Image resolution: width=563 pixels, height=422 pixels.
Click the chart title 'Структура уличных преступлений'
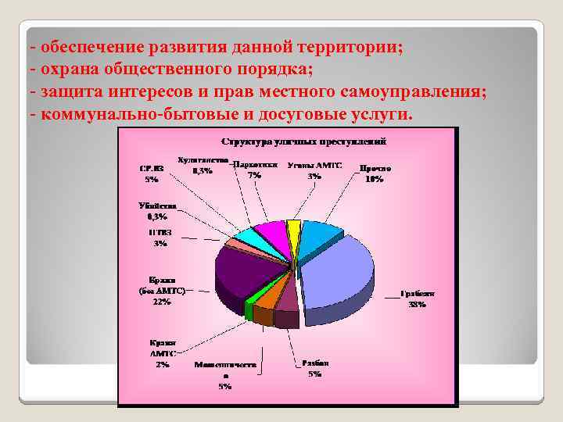(306, 143)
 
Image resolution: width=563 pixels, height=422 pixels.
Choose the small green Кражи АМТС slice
(249, 310)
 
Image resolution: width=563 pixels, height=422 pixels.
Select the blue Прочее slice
(317, 234)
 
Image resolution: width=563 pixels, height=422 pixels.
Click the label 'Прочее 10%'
(375, 173)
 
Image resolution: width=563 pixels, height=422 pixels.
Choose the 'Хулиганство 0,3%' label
(202, 165)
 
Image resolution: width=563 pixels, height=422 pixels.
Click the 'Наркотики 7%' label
(255, 170)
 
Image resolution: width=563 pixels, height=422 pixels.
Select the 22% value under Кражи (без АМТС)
(162, 302)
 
